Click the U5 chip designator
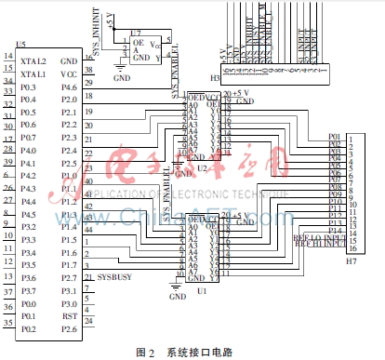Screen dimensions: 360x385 (x=21, y=44)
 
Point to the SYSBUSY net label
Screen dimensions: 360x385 (x=113, y=276)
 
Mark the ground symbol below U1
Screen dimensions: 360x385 (x=175, y=294)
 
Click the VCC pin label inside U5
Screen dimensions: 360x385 (x=69, y=73)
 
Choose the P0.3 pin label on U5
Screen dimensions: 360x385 (x=29, y=86)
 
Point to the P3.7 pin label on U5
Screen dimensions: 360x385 (x=29, y=289)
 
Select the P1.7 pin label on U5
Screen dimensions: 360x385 (x=69, y=263)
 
